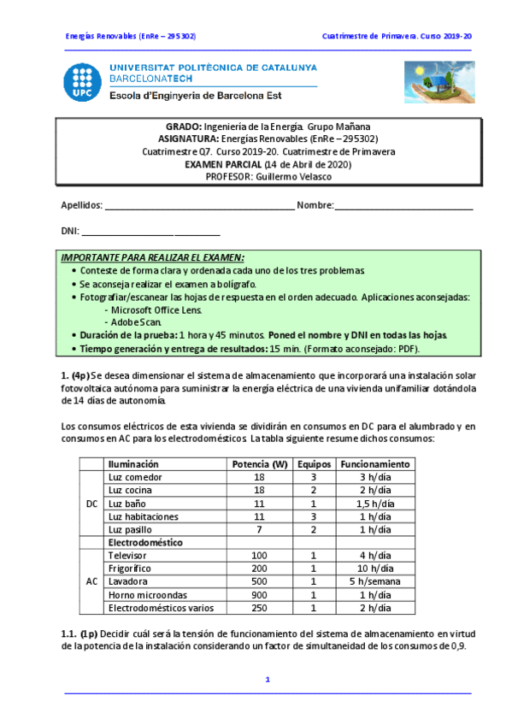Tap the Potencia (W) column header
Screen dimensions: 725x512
(259, 463)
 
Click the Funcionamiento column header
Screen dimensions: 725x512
(374, 463)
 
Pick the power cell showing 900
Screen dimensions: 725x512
(259, 594)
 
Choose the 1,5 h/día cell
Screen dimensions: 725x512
(374, 504)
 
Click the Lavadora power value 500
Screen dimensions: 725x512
(259, 581)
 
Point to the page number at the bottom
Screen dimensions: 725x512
(268, 680)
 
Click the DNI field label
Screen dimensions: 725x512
(69, 231)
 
